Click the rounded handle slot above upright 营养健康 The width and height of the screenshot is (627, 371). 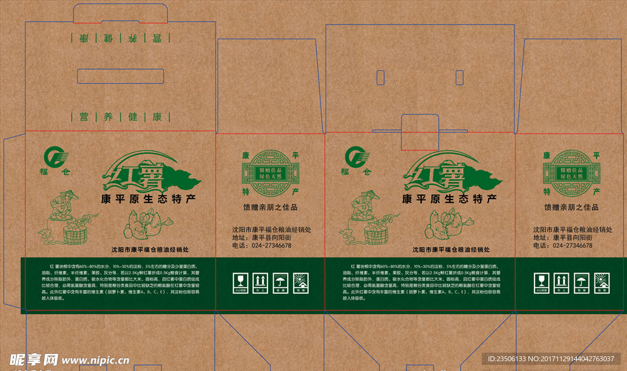tap(121, 77)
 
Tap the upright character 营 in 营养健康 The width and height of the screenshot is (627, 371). tap(81, 116)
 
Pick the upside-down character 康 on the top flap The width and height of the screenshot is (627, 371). tap(83, 38)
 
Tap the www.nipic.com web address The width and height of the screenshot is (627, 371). tap(95, 360)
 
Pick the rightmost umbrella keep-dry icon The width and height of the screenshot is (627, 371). tap(581, 282)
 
